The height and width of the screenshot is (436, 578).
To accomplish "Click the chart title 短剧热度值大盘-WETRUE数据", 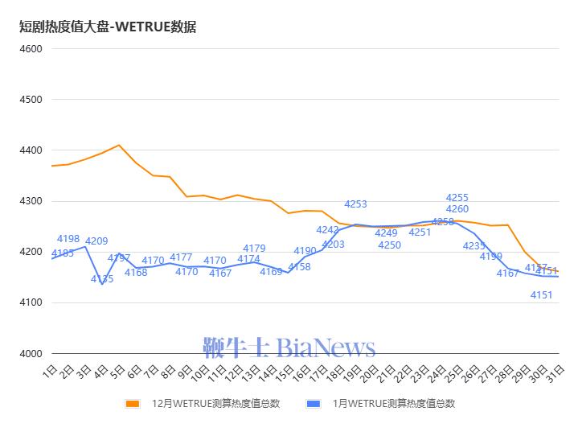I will (x=108, y=27).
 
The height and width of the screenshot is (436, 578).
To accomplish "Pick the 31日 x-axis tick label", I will (x=554, y=372).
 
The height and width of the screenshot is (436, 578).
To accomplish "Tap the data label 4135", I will (x=102, y=279).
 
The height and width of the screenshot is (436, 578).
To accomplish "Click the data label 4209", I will (x=96, y=241).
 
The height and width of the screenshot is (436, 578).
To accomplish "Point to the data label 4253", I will (x=355, y=204).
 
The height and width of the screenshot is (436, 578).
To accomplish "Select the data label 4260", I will (x=457, y=209).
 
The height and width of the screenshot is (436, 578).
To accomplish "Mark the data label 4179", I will (x=254, y=249).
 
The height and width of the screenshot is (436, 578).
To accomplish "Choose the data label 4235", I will (x=474, y=246).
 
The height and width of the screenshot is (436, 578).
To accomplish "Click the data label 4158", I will (x=299, y=267).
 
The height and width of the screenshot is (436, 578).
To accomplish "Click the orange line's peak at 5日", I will (x=119, y=146).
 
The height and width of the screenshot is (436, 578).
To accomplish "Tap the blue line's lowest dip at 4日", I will (x=102, y=284).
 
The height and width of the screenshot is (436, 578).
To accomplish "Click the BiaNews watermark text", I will (x=326, y=348).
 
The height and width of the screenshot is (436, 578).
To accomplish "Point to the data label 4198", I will (x=68, y=239).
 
